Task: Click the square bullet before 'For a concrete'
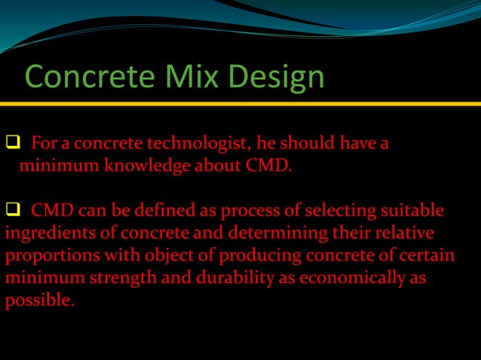(13, 143)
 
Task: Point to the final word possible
(39, 301)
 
